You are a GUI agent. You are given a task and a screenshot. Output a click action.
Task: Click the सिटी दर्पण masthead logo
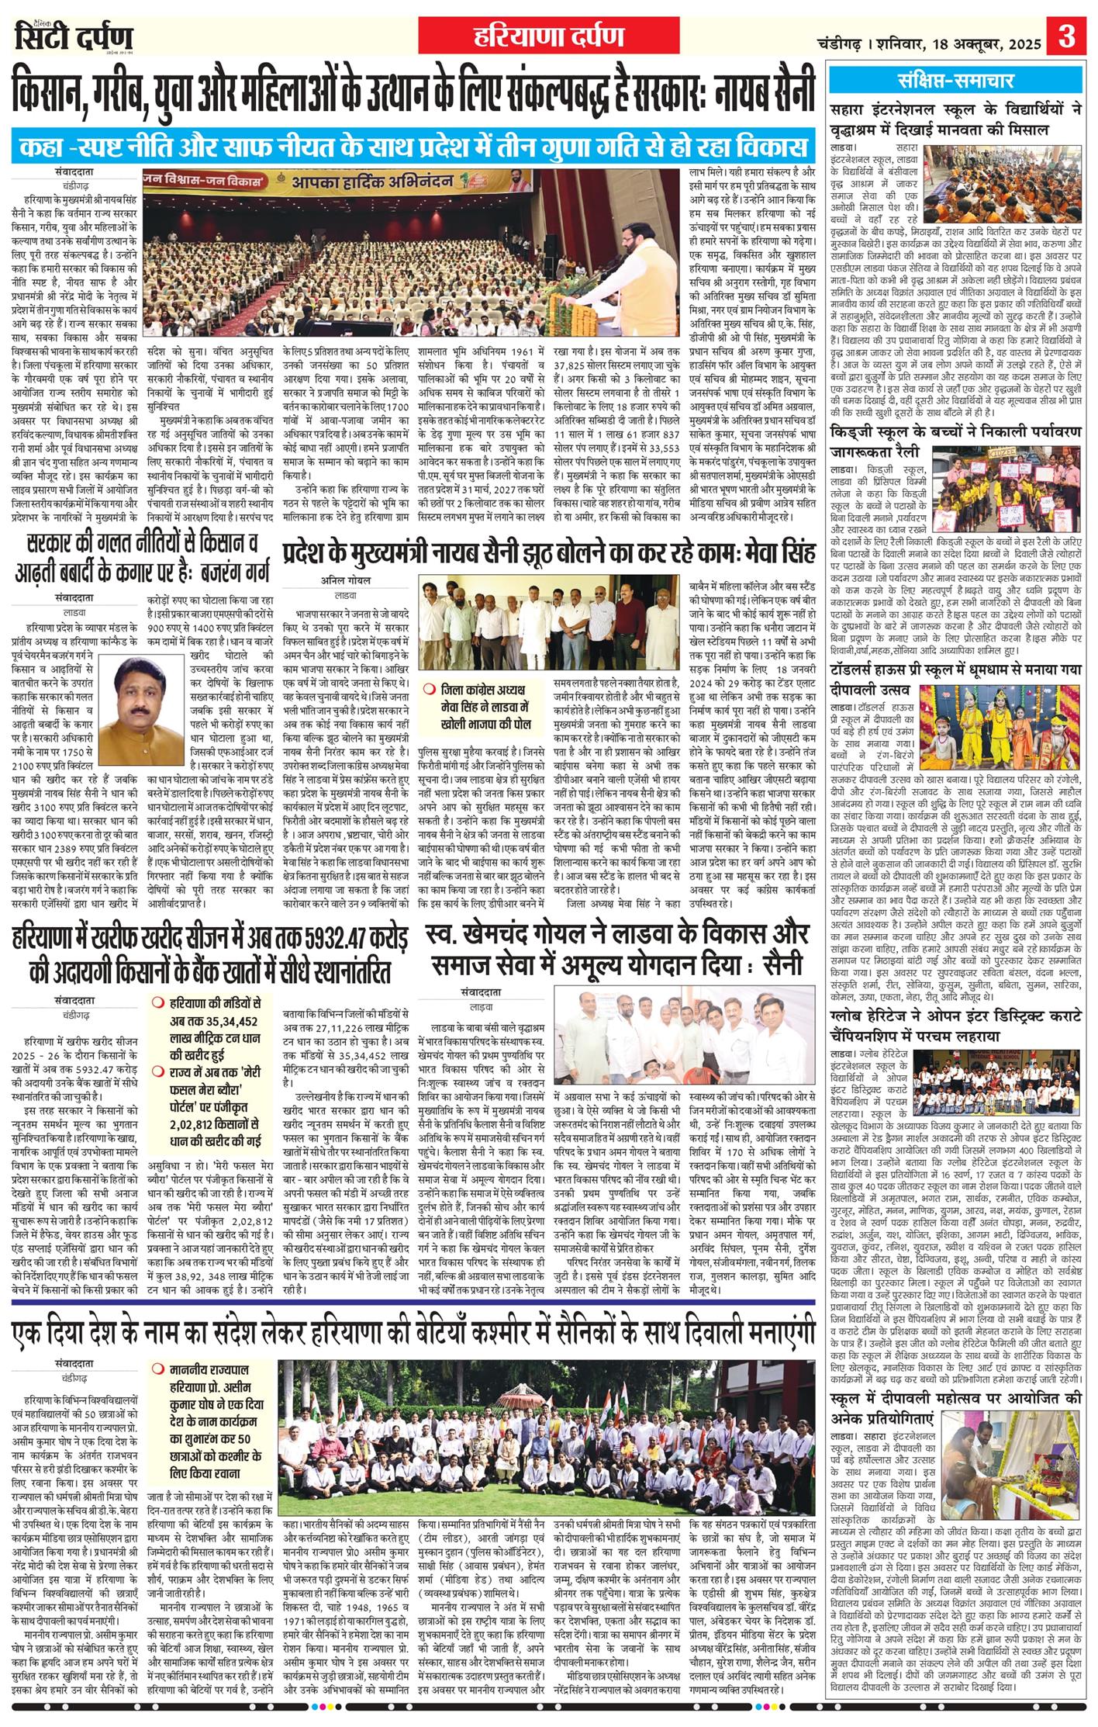[74, 37]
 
